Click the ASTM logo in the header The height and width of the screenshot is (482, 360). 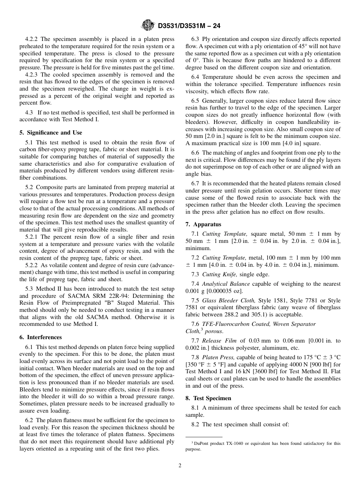pos(148,25)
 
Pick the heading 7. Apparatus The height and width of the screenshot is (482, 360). pos(203,224)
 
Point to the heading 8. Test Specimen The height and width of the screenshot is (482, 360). pos(208,398)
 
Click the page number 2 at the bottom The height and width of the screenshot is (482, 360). pos(180,466)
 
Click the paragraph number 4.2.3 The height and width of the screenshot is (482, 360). pos(32,75)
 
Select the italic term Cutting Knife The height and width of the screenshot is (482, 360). pos(216,274)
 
